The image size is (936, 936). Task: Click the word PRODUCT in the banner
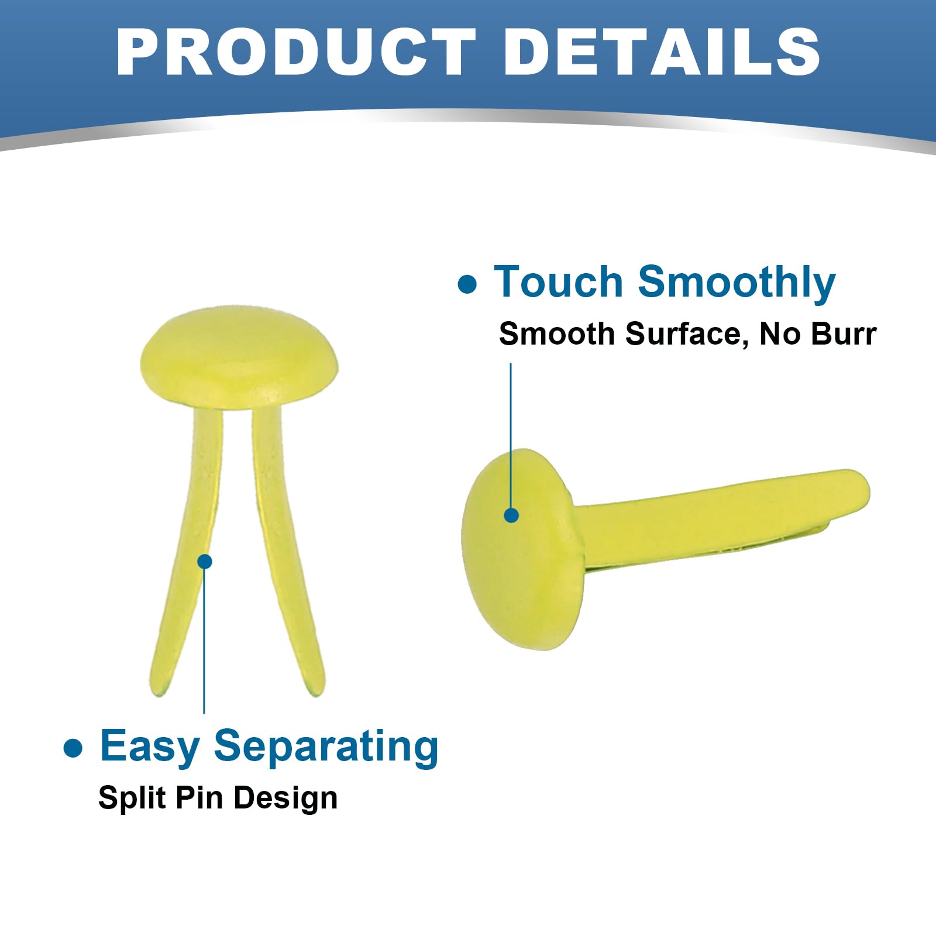click(x=296, y=51)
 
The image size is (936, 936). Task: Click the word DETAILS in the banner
click(x=662, y=51)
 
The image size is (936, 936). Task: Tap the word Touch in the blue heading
click(x=558, y=282)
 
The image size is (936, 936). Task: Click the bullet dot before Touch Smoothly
click(x=467, y=284)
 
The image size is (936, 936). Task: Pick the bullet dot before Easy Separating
click(x=73, y=748)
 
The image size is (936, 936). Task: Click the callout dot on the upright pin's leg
click(x=205, y=562)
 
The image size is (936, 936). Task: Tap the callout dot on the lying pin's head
click(x=511, y=515)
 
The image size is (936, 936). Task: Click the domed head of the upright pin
click(x=239, y=357)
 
